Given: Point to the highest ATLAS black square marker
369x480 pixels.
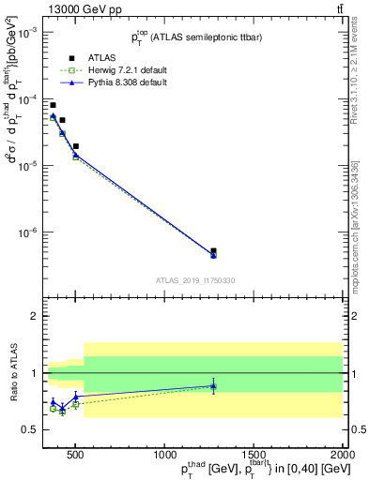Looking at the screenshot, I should (53, 105).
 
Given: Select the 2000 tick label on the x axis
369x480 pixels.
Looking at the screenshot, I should (343, 454).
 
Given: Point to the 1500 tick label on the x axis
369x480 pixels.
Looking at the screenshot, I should (253, 454).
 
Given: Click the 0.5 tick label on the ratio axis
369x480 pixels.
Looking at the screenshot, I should (29, 429).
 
